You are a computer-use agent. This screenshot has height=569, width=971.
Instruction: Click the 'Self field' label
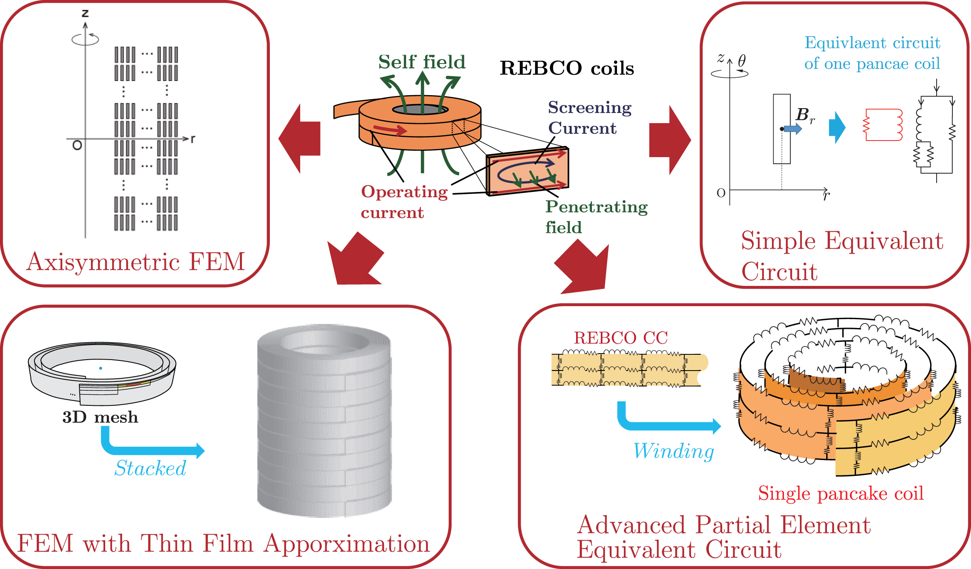click(422, 62)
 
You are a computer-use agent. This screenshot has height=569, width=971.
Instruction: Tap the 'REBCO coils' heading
click(566, 68)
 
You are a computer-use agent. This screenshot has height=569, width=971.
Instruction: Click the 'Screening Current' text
click(589, 118)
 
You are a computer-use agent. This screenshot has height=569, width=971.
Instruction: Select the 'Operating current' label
click(404, 202)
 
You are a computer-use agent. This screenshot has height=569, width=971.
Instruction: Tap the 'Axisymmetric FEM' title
click(136, 262)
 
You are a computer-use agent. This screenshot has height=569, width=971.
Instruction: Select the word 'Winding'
click(674, 452)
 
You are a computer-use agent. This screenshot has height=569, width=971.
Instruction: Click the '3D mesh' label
click(100, 418)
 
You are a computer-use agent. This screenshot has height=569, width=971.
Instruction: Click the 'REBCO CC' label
click(621, 338)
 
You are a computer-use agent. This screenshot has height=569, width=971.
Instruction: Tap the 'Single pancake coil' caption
click(841, 494)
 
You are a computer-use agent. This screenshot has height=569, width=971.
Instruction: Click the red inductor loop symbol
click(884, 125)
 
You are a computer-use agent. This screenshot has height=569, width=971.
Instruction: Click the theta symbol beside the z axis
click(742, 61)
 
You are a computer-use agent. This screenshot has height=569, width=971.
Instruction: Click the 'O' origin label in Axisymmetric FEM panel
click(77, 145)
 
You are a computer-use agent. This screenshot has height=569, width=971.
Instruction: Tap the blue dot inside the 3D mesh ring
click(101, 368)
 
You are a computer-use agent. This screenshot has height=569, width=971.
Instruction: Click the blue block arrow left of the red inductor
click(837, 127)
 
